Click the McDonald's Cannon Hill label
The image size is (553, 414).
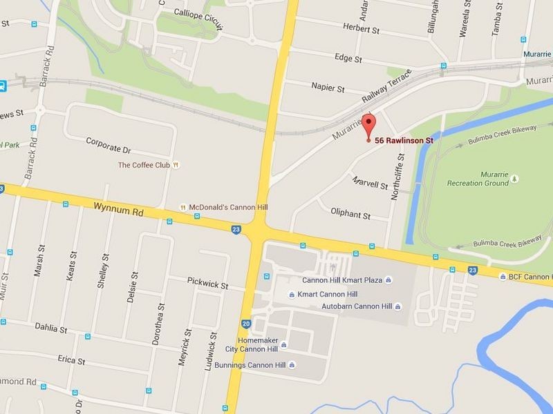click(x=223, y=207)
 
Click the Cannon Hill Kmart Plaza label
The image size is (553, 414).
click(x=343, y=279)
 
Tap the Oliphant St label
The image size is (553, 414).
click(x=350, y=214)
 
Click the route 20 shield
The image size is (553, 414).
click(x=246, y=323)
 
